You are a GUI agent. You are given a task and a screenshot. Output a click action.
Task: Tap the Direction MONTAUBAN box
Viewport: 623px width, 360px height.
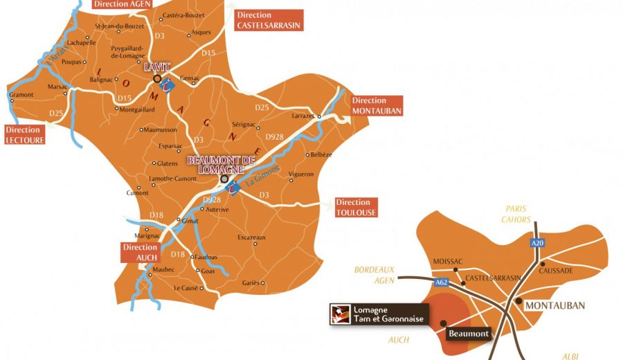point(377,106)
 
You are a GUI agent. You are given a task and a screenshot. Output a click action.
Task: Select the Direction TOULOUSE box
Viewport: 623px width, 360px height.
point(356,208)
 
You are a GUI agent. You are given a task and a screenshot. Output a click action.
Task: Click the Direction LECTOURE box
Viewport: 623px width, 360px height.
point(25,134)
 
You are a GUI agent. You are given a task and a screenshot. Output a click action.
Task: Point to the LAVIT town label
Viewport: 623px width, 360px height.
point(156,68)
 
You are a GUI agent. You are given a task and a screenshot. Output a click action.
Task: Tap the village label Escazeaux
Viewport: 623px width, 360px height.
point(252,237)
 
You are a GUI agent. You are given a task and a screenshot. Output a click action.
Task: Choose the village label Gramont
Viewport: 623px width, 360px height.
point(21,94)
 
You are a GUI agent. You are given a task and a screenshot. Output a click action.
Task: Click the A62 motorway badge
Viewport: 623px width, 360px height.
point(442,282)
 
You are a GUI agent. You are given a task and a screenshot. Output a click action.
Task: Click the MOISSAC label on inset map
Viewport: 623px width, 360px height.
point(447,261)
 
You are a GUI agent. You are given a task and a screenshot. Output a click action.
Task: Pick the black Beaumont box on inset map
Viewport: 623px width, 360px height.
point(467,334)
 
